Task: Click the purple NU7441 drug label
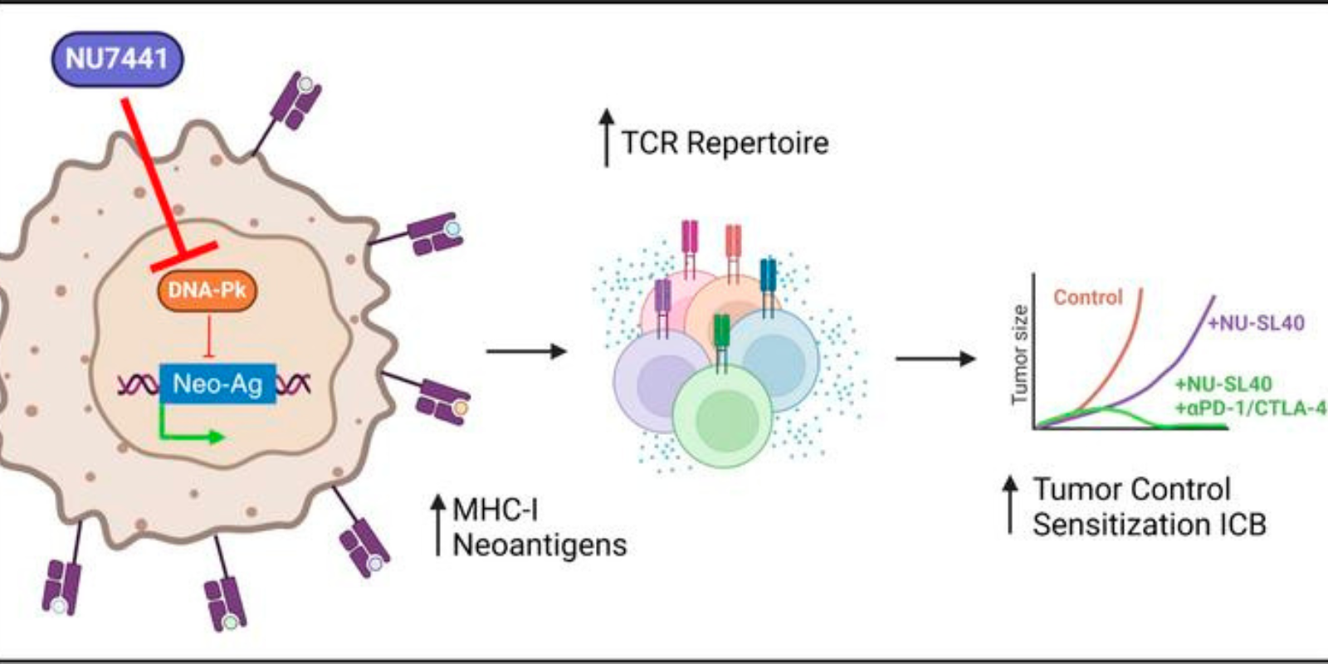[117, 59]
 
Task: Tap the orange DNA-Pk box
[207, 290]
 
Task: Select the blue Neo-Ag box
[217, 383]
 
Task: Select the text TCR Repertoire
[725, 143]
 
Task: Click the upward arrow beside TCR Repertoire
[607, 139]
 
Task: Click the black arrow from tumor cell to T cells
[525, 351]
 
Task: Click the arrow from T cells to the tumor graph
[935, 359]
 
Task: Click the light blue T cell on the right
[775, 359]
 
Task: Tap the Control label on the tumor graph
[1087, 297]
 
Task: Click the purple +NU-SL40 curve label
[1256, 323]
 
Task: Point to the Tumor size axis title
[1019, 355]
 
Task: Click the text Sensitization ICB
[1150, 525]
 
